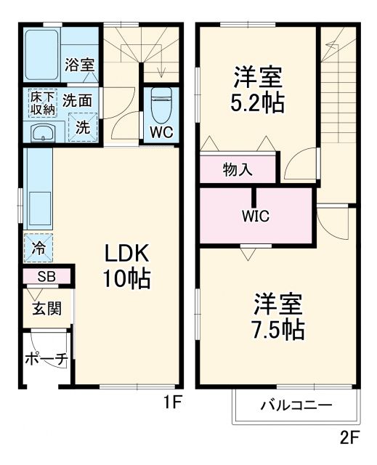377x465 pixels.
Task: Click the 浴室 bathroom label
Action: tap(79, 64)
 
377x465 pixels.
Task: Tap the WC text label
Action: tap(161, 132)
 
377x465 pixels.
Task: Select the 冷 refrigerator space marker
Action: tap(38, 247)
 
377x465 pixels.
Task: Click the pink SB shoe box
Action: tap(46, 277)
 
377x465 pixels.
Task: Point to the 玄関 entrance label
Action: tap(46, 308)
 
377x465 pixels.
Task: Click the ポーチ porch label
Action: tap(46, 358)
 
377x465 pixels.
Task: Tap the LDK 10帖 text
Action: tap(128, 265)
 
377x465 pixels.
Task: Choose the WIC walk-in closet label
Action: tap(256, 216)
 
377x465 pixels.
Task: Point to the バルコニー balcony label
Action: tap(296, 405)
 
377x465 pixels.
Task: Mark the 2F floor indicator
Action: tap(349, 438)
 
